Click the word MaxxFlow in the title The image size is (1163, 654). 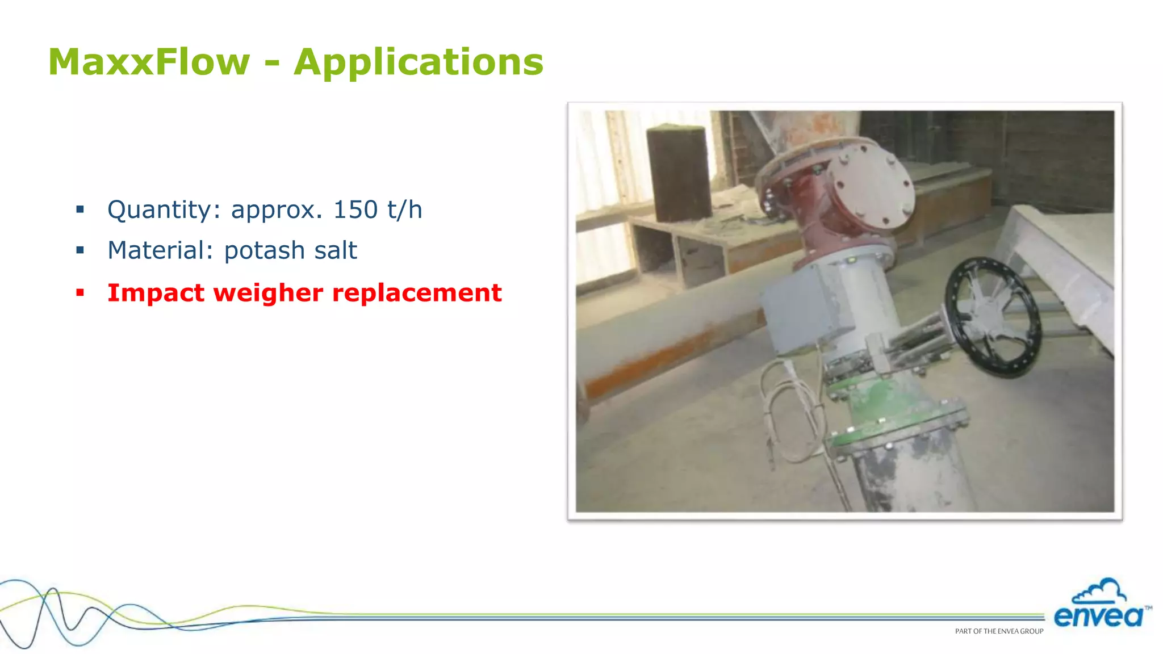(x=149, y=62)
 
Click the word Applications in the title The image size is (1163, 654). (x=419, y=62)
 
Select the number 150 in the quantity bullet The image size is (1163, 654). (x=355, y=209)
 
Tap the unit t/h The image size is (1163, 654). (x=405, y=209)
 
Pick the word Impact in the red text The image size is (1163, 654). (x=156, y=293)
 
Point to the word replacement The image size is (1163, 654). (x=417, y=293)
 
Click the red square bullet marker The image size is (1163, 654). (x=80, y=293)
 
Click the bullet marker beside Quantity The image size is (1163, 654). (x=80, y=209)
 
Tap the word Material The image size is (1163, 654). (x=156, y=250)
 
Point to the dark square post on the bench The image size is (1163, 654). (x=679, y=173)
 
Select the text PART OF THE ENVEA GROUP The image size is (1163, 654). (x=999, y=631)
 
